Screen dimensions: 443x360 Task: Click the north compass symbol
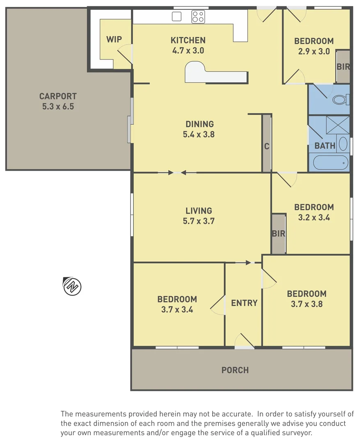point(72,286)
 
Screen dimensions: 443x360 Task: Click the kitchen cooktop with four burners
point(198,17)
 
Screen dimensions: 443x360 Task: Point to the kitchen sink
point(177,16)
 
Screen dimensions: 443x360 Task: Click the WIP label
point(114,39)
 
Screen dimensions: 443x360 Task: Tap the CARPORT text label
point(58,96)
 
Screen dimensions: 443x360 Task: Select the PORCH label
point(235,370)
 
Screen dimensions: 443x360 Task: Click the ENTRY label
point(244,303)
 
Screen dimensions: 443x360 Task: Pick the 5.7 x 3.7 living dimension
point(199,221)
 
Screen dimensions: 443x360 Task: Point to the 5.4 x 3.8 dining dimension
point(199,134)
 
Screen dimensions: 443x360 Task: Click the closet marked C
point(266,146)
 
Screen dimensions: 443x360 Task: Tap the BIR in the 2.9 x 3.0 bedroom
point(343,66)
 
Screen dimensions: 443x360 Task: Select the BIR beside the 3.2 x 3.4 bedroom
point(278,234)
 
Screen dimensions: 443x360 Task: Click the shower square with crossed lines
point(337,125)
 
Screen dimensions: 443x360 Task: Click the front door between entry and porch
point(245,347)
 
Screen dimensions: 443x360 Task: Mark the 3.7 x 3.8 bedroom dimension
point(307,304)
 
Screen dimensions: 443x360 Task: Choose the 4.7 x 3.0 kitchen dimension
point(188,51)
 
